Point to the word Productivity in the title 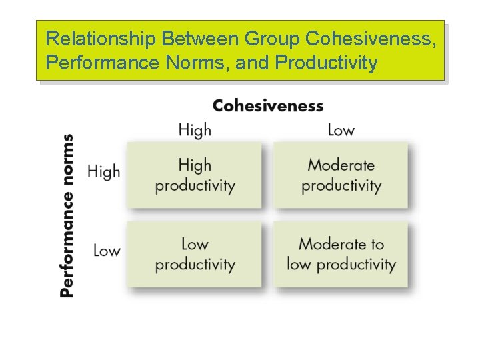(x=325, y=63)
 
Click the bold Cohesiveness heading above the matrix (x=268, y=106)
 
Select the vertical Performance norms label (x=67, y=215)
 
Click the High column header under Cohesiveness (x=195, y=130)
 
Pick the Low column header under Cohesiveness (x=341, y=130)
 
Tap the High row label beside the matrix (x=104, y=172)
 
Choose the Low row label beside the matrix (x=107, y=251)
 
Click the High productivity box (x=195, y=175)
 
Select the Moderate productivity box (x=341, y=175)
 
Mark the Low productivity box (x=195, y=254)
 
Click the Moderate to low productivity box (x=341, y=254)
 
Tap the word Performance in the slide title (x=114, y=63)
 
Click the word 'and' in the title (x=256, y=63)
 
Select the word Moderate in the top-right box (x=341, y=165)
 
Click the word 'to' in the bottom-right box (x=377, y=245)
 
